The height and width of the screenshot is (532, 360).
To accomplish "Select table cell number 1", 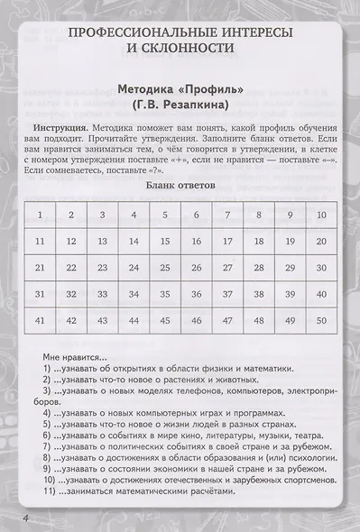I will tap(40, 215).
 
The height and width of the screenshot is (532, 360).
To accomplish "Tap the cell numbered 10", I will tap(321, 215).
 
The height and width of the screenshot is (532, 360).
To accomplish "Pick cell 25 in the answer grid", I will tap(165, 268).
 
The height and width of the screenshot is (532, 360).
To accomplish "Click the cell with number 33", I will tap(103, 294).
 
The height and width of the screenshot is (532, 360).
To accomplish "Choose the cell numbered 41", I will tap(40, 320).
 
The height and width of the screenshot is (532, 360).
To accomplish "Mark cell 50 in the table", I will tap(321, 320).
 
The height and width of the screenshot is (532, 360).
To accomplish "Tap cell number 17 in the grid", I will tap(227, 241).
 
